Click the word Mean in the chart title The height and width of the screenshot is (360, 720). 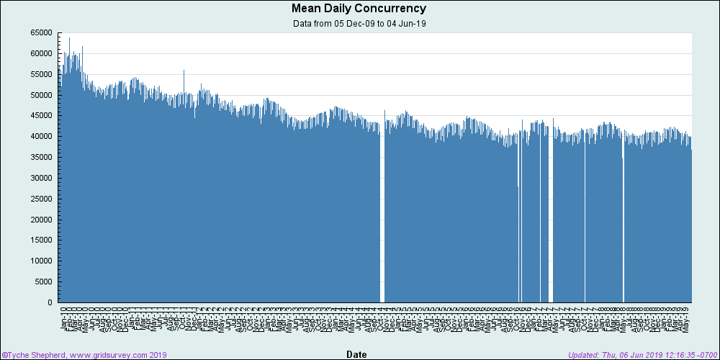306,9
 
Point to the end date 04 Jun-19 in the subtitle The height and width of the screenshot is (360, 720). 408,24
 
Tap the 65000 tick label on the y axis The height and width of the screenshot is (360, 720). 41,33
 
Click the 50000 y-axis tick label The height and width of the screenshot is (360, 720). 41,95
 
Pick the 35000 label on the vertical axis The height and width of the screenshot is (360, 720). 41,158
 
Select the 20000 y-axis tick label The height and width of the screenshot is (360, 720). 41,220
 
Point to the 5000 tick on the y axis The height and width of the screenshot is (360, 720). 43,282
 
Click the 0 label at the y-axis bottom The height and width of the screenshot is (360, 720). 51,303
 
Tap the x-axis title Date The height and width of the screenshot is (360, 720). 356,354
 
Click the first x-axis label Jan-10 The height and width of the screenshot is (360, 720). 63,318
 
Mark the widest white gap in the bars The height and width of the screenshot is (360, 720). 382,216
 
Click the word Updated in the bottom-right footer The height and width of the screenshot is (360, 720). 583,355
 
